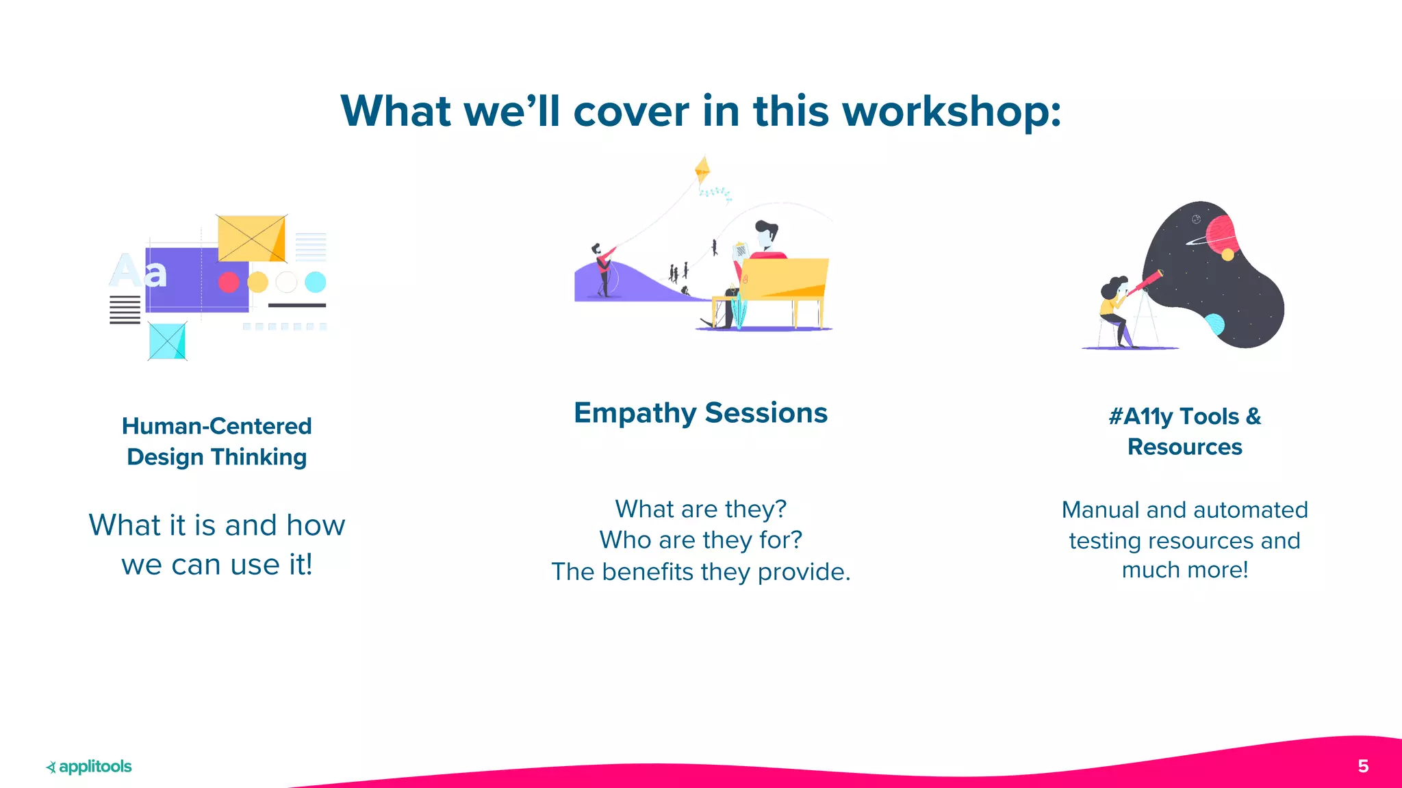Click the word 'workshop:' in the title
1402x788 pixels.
pos(952,111)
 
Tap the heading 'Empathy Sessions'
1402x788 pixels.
pos(700,413)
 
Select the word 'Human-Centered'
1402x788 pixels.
pos(216,426)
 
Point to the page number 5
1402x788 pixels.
pos(1363,766)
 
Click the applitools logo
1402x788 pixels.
pos(89,767)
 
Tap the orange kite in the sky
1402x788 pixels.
pos(702,170)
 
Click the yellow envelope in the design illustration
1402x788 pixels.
pos(251,238)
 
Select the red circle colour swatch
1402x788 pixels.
pos(229,282)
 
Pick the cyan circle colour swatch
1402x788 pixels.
pos(315,282)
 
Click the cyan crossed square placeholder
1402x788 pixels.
pos(167,341)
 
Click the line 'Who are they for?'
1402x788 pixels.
pos(700,540)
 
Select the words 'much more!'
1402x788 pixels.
pos(1184,570)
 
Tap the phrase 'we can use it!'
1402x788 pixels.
pos(216,565)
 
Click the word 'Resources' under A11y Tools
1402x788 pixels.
pos(1184,447)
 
